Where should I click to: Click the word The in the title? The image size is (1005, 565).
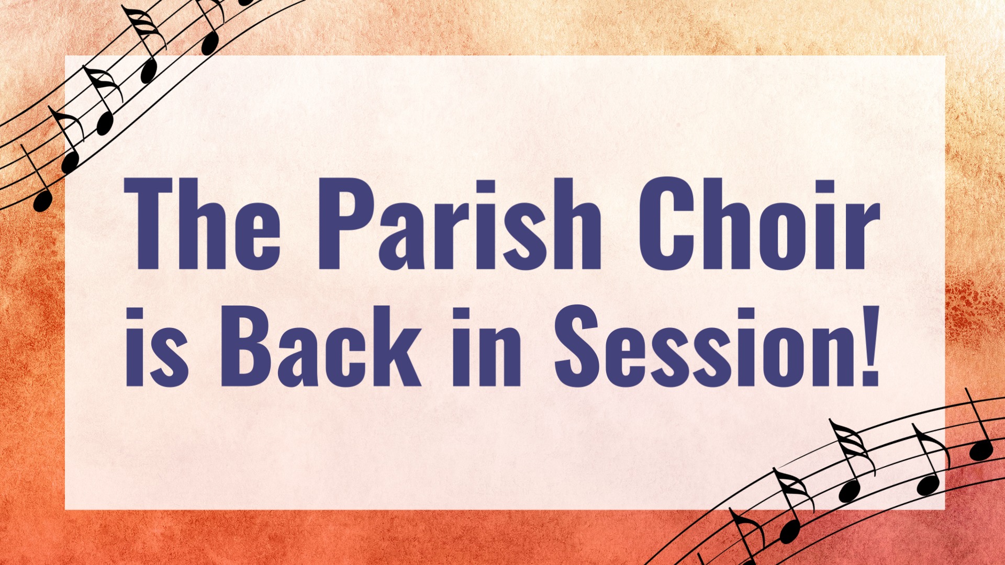(202, 224)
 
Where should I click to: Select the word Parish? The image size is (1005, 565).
(459, 224)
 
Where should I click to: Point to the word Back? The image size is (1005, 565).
(321, 346)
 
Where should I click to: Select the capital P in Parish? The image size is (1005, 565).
(347, 224)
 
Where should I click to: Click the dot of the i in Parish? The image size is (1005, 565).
(486, 187)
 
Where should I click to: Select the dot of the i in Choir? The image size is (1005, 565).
(825, 187)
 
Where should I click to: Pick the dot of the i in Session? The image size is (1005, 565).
(745, 315)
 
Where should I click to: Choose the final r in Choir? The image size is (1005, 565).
(863, 236)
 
